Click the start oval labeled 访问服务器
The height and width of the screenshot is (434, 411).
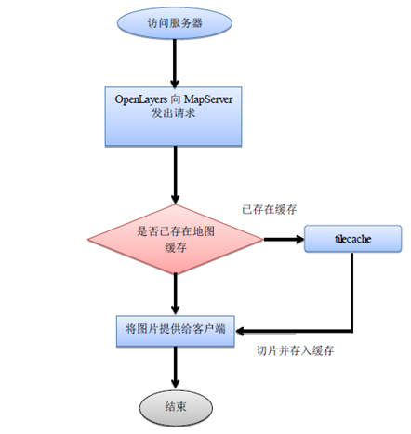(174, 25)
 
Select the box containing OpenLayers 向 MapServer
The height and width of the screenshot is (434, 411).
(174, 115)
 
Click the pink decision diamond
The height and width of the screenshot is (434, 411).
(174, 240)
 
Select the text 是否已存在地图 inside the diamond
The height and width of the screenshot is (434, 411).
(174, 231)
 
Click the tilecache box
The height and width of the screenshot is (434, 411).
(351, 238)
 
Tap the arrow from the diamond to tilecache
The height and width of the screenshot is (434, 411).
(284, 240)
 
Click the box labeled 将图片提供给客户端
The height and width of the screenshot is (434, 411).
(174, 329)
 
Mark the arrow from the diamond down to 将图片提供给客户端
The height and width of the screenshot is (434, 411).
(174, 293)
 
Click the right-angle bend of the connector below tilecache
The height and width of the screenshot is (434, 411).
(351, 329)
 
